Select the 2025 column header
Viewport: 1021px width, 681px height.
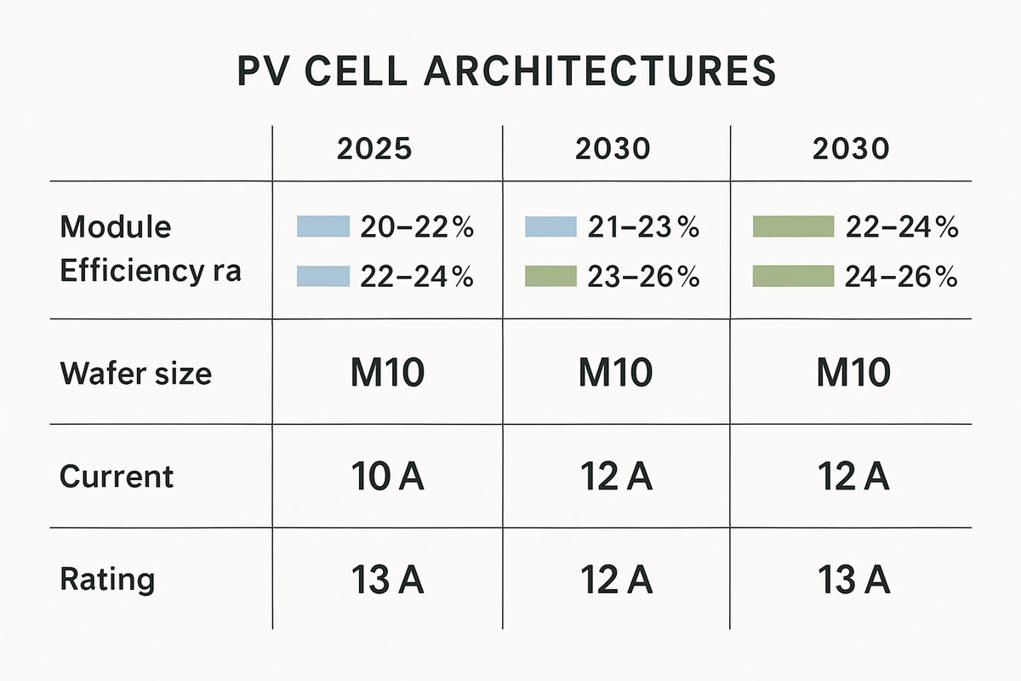tap(375, 149)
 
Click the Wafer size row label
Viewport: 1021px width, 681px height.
tap(135, 373)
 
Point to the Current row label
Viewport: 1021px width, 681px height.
tap(117, 476)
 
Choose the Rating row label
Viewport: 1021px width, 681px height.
tap(108, 580)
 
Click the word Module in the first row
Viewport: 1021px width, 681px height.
tap(115, 227)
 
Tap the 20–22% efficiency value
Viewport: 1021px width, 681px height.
tap(417, 227)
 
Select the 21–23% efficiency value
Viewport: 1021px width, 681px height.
tap(643, 227)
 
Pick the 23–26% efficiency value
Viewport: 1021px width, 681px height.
tap(643, 277)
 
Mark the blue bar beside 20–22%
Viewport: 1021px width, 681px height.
tap(323, 226)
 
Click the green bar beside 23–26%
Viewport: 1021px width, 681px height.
tap(550, 276)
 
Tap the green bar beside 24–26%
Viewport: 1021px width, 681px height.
tap(793, 276)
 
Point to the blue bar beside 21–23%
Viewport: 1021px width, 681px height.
tap(550, 226)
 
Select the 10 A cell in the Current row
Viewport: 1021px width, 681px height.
tap(387, 478)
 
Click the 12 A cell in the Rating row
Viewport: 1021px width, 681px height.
tap(616, 581)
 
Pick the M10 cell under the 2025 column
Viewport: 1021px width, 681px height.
tap(387, 374)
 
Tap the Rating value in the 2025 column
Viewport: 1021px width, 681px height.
tap(387, 581)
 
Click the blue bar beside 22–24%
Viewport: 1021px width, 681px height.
tap(323, 276)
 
